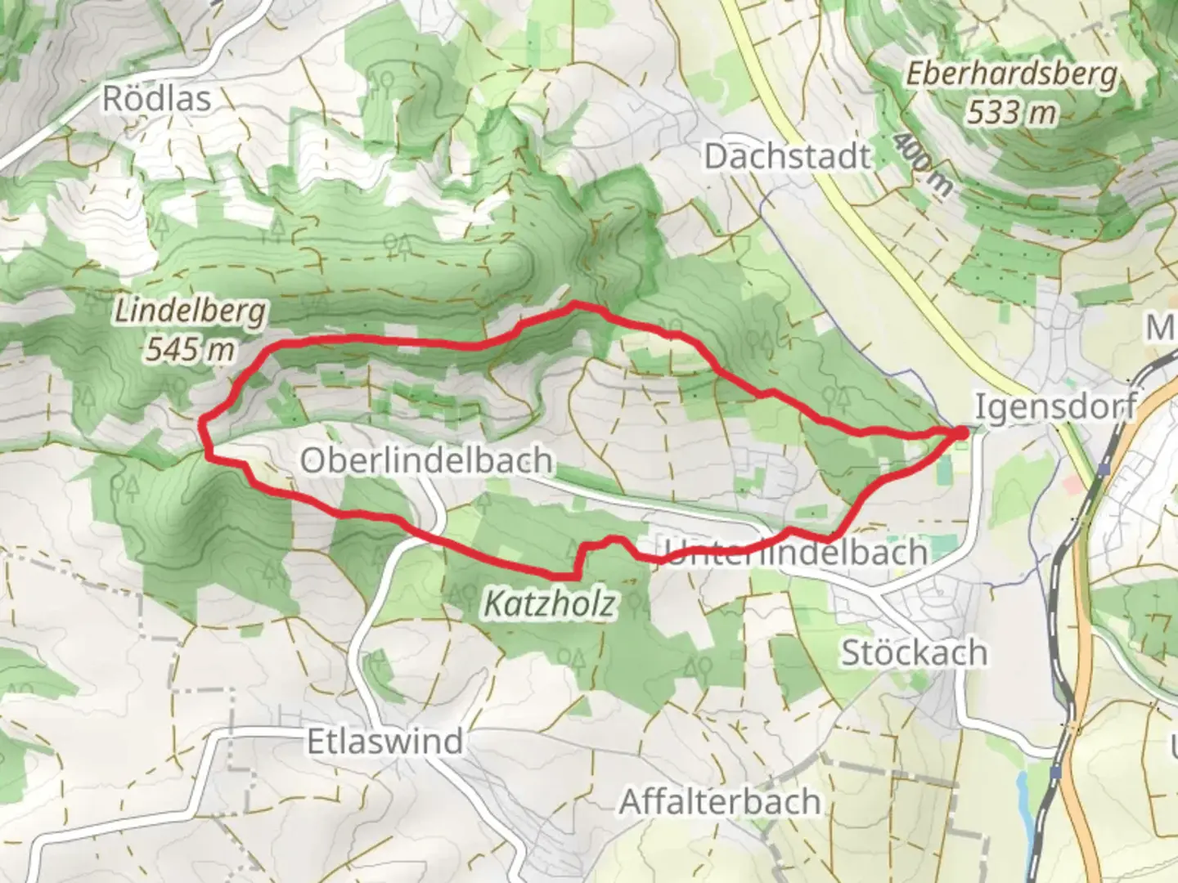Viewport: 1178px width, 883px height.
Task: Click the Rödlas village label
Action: (x=156, y=99)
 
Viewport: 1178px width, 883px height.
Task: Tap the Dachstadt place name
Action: (x=787, y=156)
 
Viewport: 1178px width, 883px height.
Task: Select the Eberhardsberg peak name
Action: (x=1011, y=76)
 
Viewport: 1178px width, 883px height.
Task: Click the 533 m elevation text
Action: (x=1011, y=112)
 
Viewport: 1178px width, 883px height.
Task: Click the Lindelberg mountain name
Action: (x=191, y=312)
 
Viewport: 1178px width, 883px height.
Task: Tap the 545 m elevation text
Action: (x=191, y=350)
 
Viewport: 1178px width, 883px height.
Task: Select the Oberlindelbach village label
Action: (x=425, y=461)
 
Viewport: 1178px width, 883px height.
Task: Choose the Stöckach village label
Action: (x=914, y=653)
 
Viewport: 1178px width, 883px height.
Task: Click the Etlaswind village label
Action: (x=384, y=742)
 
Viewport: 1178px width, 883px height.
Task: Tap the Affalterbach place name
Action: (x=720, y=802)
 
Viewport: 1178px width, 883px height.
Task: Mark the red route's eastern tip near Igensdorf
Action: (x=960, y=432)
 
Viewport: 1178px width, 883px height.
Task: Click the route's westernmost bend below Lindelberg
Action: (x=204, y=423)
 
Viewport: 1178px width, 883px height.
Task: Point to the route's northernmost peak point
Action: (x=576, y=304)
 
